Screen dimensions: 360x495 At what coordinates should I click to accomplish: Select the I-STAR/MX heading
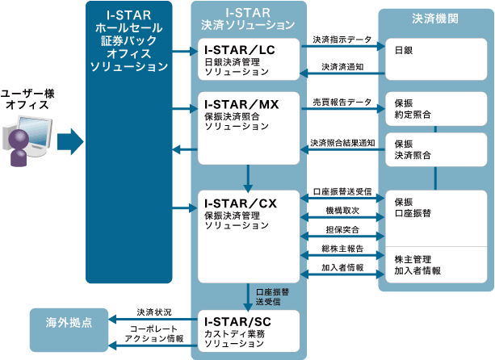point(241,104)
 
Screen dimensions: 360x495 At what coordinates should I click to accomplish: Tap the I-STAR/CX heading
point(241,203)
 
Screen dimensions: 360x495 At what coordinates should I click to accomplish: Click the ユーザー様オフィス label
point(27,98)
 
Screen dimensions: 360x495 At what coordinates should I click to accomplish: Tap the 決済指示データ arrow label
point(342,39)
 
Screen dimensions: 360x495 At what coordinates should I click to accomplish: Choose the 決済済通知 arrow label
point(343,67)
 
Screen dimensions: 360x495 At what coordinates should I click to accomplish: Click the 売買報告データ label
point(342,103)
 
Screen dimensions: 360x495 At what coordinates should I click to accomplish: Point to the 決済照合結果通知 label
point(342,142)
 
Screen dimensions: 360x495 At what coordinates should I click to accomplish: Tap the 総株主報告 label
point(342,249)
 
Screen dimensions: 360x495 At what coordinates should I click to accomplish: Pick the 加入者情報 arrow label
point(342,267)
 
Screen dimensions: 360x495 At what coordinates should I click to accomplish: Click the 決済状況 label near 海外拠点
point(153,311)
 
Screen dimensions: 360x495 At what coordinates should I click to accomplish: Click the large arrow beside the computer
point(69,143)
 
